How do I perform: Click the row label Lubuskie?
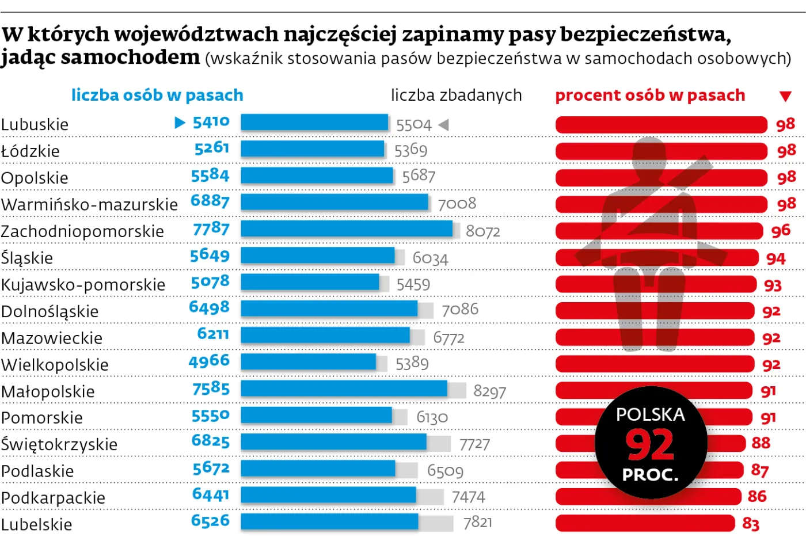click(x=35, y=124)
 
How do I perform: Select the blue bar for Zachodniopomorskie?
click(x=347, y=229)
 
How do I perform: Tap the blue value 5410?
click(x=211, y=122)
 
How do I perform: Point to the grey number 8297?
click(x=489, y=391)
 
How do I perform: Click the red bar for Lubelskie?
click(x=645, y=523)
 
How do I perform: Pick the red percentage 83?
click(x=751, y=524)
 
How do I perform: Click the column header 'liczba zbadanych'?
click(x=456, y=95)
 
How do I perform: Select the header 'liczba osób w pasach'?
click(x=157, y=95)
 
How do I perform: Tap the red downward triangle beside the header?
click(x=785, y=96)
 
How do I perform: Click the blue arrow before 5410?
click(x=180, y=123)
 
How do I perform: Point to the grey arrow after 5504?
click(x=443, y=124)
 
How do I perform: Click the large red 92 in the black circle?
click(x=650, y=445)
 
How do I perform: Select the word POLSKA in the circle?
click(x=650, y=414)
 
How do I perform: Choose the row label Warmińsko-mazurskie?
click(x=89, y=204)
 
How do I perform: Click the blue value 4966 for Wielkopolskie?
click(x=209, y=361)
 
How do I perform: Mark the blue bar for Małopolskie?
click(x=344, y=389)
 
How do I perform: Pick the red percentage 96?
click(x=781, y=231)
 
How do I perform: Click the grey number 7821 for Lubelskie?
click(x=478, y=523)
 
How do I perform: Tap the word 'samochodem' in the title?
click(x=130, y=58)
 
